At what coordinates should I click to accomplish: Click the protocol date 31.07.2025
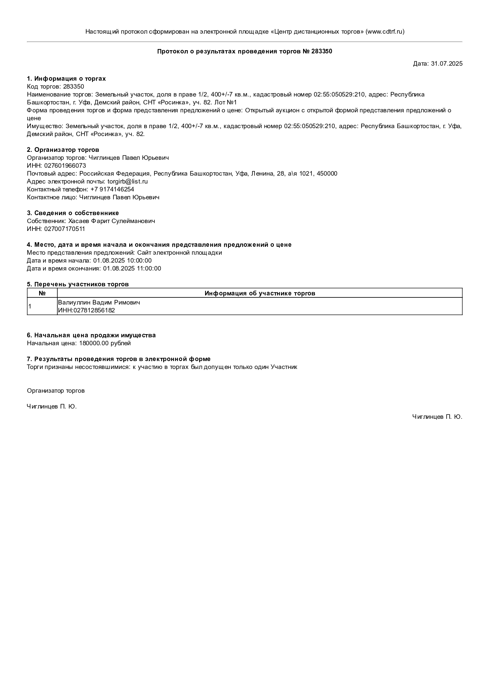[447, 63]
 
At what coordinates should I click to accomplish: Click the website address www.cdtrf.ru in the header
[385, 32]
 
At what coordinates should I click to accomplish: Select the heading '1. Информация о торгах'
[66, 79]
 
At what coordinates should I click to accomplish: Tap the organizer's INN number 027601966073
[65, 166]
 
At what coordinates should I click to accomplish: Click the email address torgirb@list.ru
[128, 182]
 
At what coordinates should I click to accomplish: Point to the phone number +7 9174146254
[112, 189]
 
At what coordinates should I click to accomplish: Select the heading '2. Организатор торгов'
[63, 150]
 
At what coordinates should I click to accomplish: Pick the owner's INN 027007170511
[64, 229]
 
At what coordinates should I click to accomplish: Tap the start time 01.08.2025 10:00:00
[122, 261]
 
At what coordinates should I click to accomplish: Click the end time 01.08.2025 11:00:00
[132, 269]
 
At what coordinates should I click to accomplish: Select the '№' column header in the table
[42, 293]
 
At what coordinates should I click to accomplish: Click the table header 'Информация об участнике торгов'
[260, 293]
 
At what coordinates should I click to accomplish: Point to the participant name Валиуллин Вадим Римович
[99, 303]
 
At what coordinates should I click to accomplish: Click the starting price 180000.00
[94, 343]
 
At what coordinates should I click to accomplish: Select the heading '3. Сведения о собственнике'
[73, 213]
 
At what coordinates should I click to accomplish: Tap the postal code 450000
[327, 174]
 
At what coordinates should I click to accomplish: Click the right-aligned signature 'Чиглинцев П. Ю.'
[437, 416]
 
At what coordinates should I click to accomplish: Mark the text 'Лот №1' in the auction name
[225, 102]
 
